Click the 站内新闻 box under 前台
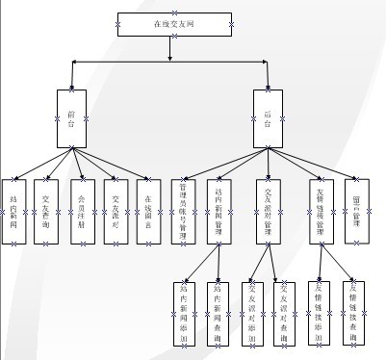tap(14, 211)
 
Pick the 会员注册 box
tap(82, 211)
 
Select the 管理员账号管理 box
tap(184, 211)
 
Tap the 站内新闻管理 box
tap(219, 211)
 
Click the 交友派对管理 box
tap(269, 211)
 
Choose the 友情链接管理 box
tap(321, 211)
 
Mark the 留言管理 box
tap(357, 211)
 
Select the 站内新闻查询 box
tap(219, 312)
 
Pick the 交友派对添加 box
tap(252, 312)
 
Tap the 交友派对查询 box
tap(285, 312)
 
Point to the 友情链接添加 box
tap(321, 312)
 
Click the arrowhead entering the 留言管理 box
tap(356, 176)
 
